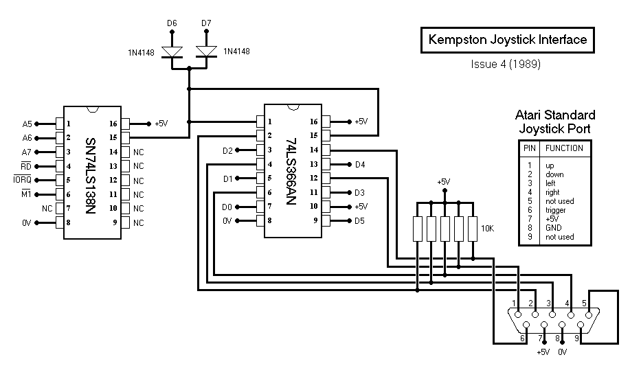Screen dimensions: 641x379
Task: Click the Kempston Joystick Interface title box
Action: point(507,40)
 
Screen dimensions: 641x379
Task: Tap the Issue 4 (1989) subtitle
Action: point(506,64)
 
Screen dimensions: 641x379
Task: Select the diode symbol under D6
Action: point(172,52)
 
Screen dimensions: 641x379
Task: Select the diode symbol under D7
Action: point(206,52)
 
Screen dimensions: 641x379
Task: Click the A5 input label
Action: point(27,124)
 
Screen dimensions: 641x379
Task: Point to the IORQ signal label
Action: point(23,179)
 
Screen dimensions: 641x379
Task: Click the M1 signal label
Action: point(26,194)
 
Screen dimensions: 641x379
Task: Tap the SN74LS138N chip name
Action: point(91,176)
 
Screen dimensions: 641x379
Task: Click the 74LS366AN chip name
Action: point(291,172)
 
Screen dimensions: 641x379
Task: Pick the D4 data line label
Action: point(360,165)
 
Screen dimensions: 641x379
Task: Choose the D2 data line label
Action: point(227,150)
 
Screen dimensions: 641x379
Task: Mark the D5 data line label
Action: point(359,221)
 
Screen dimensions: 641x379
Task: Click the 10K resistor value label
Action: point(487,229)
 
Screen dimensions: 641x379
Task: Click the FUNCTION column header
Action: point(564,148)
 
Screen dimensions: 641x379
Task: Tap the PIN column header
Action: point(530,148)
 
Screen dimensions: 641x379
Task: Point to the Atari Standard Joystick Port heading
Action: point(554,122)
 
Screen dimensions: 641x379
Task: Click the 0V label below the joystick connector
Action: point(563,352)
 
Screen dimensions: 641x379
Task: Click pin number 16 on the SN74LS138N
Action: point(113,124)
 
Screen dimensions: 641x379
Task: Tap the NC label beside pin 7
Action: point(47,209)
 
